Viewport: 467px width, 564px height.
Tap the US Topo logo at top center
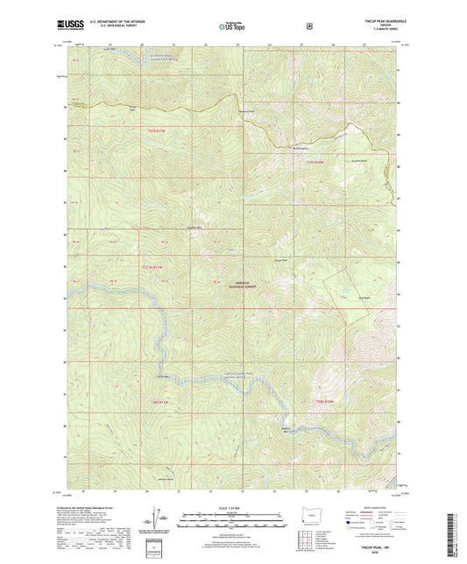click(232, 26)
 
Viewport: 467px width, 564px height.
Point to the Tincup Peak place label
click(280, 260)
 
